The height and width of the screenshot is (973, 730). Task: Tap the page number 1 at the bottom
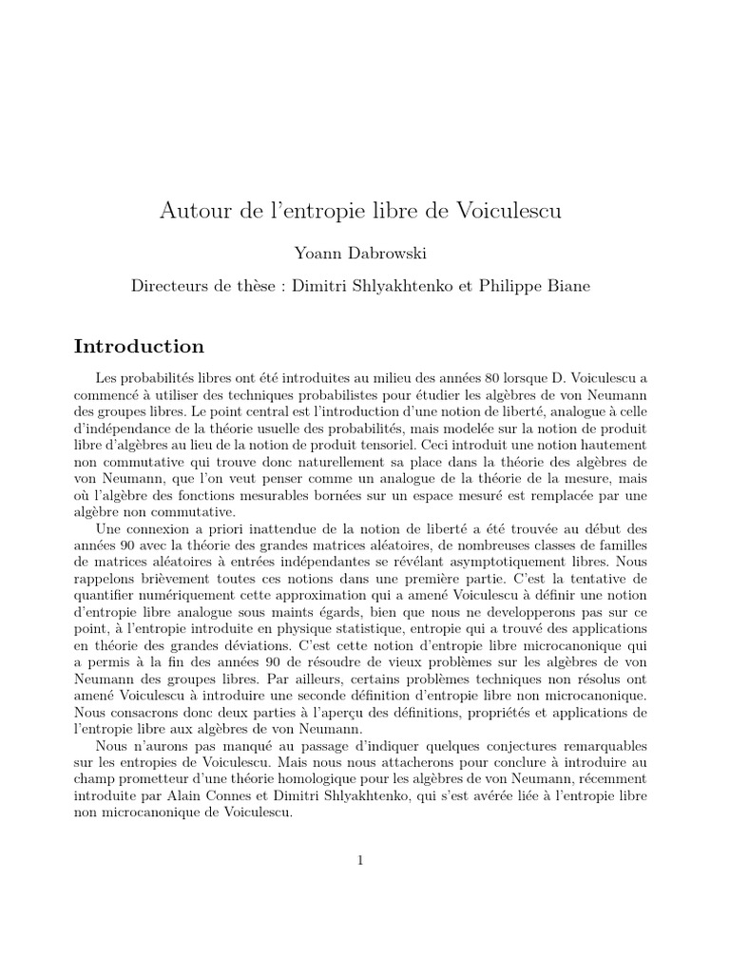coord(361,861)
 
